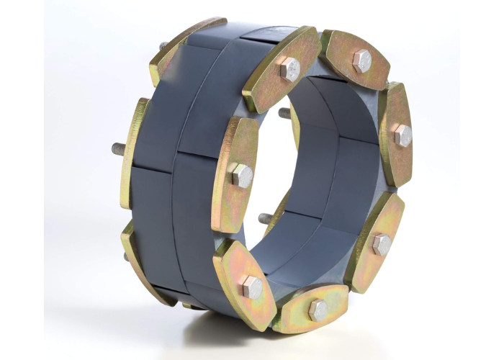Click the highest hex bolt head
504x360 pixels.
361,60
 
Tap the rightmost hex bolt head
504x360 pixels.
402,134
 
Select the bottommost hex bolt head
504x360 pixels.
318,310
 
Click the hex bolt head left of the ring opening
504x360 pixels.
242,175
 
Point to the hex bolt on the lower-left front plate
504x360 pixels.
253,287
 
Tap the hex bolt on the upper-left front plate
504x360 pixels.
289,70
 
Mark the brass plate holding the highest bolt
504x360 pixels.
356,59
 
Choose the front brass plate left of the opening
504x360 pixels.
235,173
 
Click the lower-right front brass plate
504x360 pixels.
375,241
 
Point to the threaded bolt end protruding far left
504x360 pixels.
117,149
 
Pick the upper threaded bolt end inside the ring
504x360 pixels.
284,113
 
